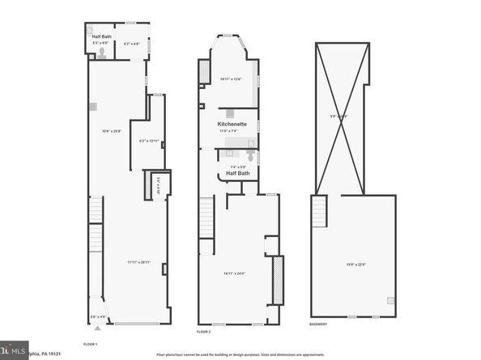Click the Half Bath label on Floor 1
(101, 36)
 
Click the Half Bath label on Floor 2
(237, 173)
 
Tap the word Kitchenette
(231, 124)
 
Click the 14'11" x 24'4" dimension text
(235, 273)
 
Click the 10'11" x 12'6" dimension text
(232, 78)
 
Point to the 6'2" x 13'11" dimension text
(149, 141)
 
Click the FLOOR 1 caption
(92, 344)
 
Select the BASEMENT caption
(318, 324)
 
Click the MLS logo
(14, 349)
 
